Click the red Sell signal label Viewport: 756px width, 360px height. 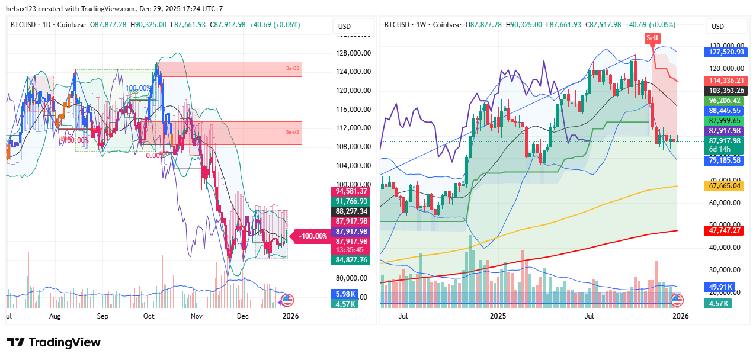(652, 38)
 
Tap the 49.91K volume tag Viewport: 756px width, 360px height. (719, 287)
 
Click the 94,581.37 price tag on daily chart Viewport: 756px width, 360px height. (352, 191)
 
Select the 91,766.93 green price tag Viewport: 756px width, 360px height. (352, 201)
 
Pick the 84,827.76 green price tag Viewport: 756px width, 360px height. (352, 259)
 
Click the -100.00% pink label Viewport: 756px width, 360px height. (313, 236)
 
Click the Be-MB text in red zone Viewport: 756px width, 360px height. (293, 132)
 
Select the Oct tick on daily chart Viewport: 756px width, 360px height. (149, 316)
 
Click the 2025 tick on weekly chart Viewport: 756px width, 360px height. (498, 316)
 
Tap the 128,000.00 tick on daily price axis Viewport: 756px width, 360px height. (354, 53)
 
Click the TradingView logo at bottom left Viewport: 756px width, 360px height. (54, 342)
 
